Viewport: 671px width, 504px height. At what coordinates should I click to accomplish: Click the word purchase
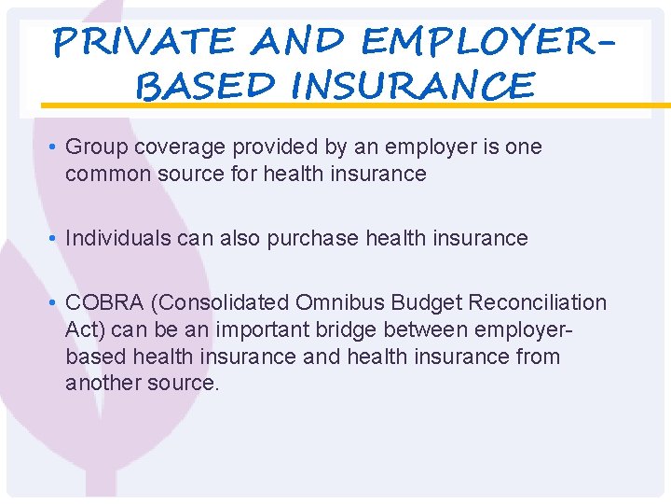pos(313,238)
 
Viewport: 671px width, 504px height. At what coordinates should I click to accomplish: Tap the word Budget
pos(429,302)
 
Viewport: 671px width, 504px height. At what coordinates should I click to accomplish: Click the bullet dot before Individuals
pos(56,239)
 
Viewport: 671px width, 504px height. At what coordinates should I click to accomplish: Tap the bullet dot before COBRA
pos(56,303)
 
